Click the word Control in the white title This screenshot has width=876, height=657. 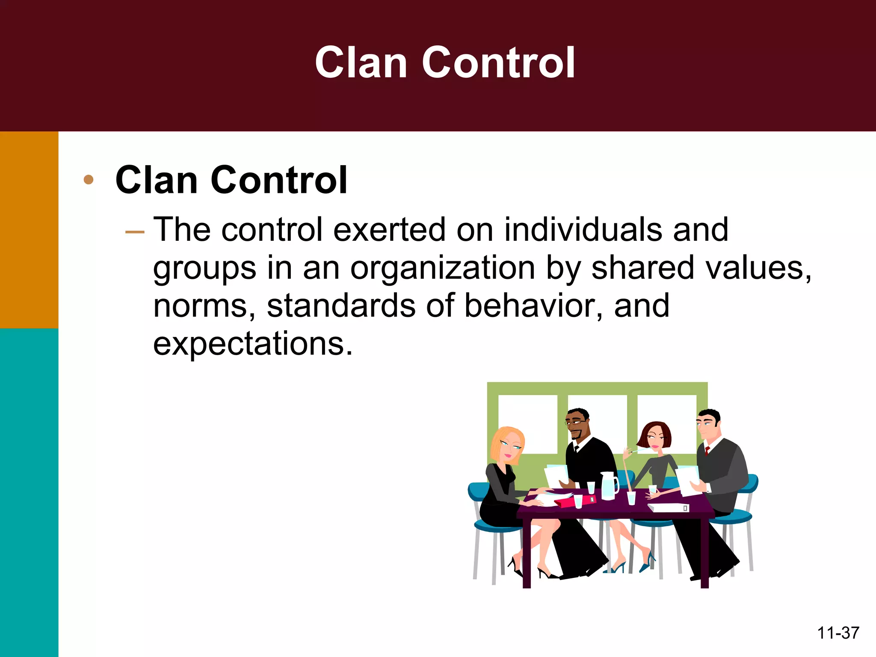(498, 63)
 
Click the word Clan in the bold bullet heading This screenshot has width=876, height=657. (156, 180)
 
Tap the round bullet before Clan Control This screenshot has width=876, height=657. (89, 180)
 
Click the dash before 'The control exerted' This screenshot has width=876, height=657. (135, 232)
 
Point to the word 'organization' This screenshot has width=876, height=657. (443, 268)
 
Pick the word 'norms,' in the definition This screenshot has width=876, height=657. (205, 306)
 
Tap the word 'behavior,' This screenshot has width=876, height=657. (533, 306)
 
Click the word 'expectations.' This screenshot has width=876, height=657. (253, 343)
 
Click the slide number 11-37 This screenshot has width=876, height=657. (838, 633)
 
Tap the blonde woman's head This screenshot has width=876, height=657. (508, 445)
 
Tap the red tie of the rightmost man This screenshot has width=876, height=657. (707, 450)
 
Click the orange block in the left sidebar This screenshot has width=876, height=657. (29, 230)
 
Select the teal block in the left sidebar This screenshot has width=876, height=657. (29, 492)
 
